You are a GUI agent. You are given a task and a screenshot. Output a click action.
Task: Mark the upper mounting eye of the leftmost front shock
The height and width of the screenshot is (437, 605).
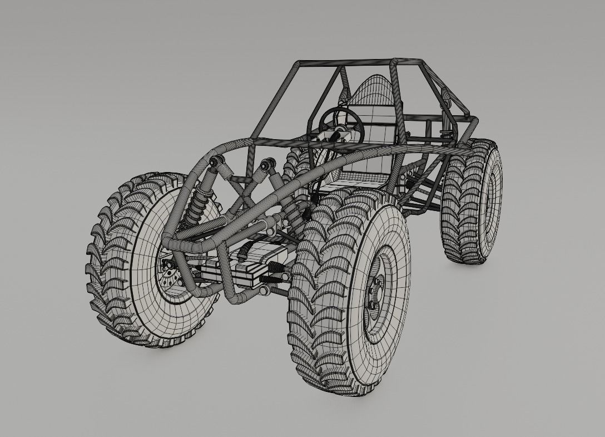pyautogui.click(x=214, y=163)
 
